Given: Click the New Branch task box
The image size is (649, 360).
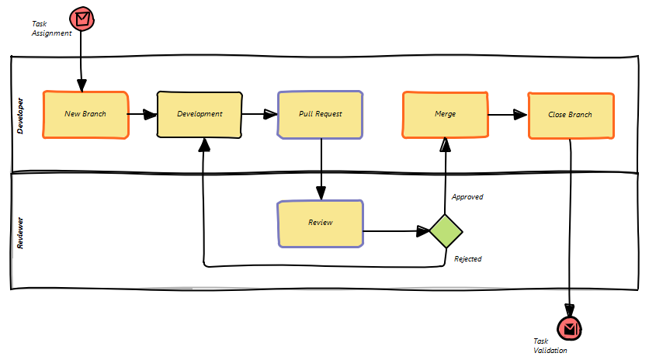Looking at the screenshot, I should point(85,114).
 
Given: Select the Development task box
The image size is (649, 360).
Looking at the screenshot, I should point(200,114).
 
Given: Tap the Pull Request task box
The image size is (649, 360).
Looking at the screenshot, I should point(320,114).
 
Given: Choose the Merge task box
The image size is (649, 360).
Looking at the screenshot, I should point(445,114).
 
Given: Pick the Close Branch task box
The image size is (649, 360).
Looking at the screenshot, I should point(571,115).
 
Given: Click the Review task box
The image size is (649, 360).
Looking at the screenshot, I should point(320,223).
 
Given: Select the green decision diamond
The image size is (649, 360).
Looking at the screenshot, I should point(446,230).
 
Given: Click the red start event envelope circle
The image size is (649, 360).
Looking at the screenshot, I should point(82,19).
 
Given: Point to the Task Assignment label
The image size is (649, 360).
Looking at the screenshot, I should point(51,29).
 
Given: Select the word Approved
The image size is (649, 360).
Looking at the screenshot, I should point(467,197).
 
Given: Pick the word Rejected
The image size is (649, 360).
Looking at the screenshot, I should point(467,259).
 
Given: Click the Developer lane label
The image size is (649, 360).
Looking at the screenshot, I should point(20,116).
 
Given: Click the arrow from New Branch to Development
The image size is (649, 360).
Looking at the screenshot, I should point(142,115).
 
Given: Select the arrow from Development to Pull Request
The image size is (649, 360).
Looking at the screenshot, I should point(259,115).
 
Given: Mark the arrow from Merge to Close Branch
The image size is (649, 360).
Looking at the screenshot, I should point(508,116).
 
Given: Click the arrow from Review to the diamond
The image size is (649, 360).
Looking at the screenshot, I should point(396,230).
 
